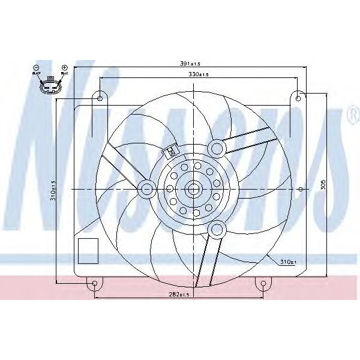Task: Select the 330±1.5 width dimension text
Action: click(x=198, y=74)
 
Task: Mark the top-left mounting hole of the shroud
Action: click(x=100, y=98)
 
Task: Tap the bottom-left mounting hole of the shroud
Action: click(x=95, y=284)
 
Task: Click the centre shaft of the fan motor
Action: click(x=193, y=189)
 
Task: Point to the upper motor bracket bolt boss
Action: click(x=216, y=146)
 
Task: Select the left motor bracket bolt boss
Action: click(x=146, y=189)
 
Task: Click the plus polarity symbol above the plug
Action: click(x=64, y=68)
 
